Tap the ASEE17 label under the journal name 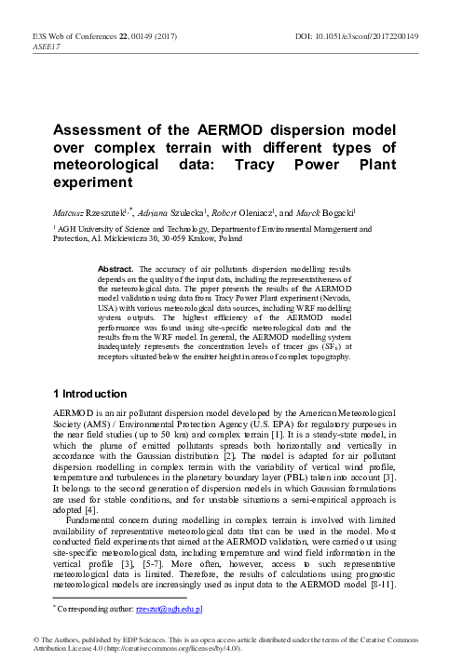tap(47, 46)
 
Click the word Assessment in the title tap(101, 131)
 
